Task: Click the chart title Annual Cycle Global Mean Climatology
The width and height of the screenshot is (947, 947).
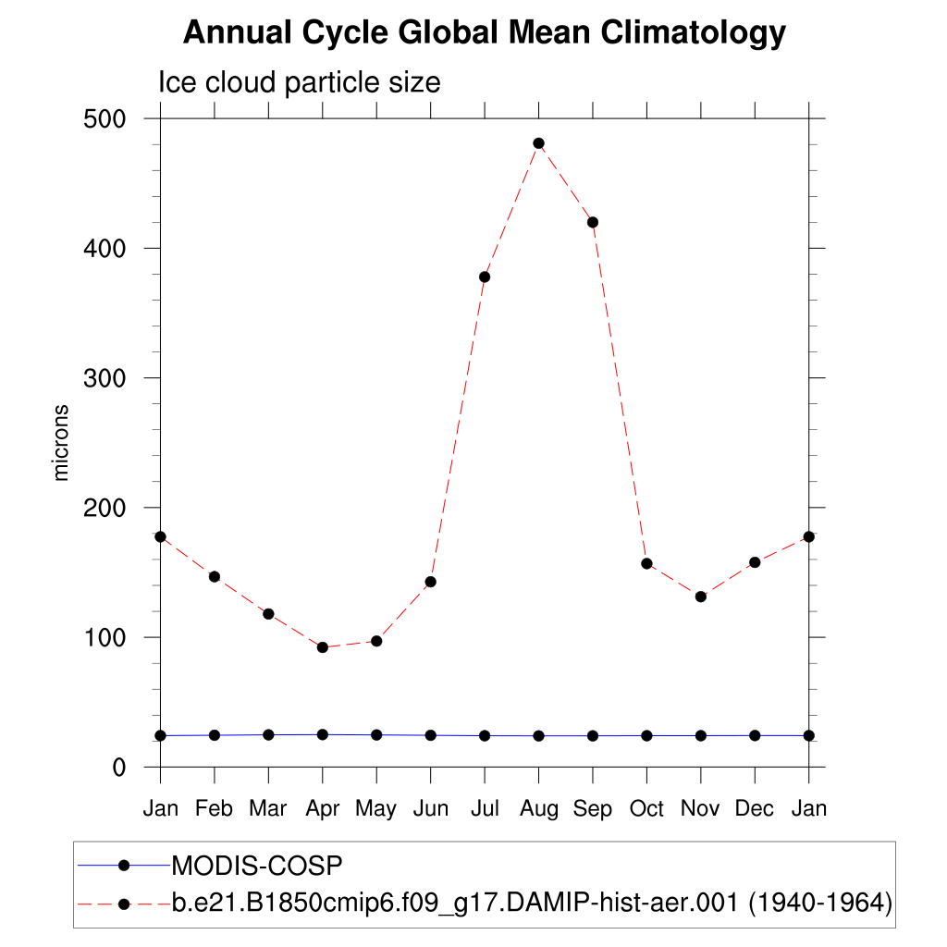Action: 484,33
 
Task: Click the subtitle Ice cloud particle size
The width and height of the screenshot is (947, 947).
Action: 299,82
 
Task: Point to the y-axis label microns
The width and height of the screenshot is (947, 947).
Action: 62,442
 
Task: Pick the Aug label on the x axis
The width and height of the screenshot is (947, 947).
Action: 538,809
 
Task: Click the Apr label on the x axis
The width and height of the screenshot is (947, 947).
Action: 322,809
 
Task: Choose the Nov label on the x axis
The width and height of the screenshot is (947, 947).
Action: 700,809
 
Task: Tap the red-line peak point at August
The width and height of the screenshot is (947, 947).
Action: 538,143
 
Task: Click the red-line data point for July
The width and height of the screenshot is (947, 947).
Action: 485,277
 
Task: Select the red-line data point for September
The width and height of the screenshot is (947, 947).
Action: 593,222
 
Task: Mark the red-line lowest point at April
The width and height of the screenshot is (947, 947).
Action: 323,647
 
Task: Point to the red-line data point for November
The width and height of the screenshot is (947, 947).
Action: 701,596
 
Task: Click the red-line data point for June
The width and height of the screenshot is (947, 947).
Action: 430,582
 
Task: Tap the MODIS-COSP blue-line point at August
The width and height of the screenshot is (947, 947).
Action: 538,736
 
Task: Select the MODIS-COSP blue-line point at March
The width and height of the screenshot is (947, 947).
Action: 268,735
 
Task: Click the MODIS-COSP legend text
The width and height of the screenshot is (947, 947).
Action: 258,866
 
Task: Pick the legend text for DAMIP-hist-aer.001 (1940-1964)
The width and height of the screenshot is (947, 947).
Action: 532,903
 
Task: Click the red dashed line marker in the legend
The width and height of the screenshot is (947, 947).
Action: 124,903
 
